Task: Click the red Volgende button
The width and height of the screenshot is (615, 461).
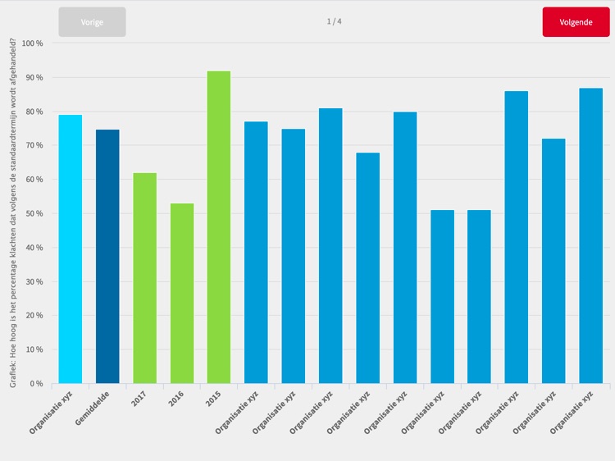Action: pyautogui.click(x=576, y=22)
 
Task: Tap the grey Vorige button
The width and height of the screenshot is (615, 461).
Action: pyautogui.click(x=92, y=22)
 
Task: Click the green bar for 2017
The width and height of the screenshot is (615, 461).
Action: pyautogui.click(x=144, y=278)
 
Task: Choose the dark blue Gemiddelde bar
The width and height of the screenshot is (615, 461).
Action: pyautogui.click(x=107, y=257)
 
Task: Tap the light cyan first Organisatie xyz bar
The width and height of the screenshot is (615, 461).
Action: pyautogui.click(x=71, y=249)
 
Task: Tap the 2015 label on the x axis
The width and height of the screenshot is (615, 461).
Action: pyautogui.click(x=212, y=400)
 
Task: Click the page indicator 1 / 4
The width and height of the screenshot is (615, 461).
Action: pyautogui.click(x=334, y=21)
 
